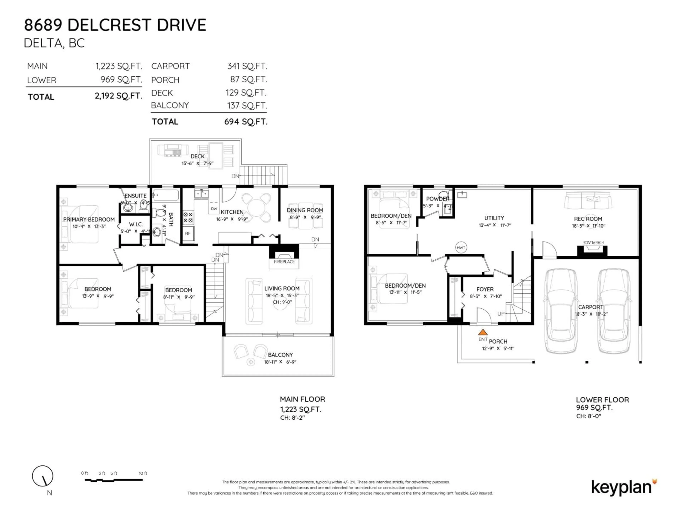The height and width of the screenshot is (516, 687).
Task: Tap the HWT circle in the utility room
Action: click(461, 248)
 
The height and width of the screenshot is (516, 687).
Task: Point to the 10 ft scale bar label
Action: click(143, 473)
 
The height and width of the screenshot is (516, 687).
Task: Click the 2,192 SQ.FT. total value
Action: click(118, 96)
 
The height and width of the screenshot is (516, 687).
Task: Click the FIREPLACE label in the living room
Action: click(284, 262)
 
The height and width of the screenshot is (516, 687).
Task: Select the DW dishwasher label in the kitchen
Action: click(214, 209)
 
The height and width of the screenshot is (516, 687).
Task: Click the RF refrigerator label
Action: click(188, 233)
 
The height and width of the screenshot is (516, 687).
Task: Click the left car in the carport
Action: click(561, 311)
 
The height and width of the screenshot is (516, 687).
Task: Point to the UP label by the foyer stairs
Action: click(501, 314)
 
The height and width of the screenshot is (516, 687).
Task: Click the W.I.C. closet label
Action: click(136, 224)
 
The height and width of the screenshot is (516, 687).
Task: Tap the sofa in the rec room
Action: click(588, 201)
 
